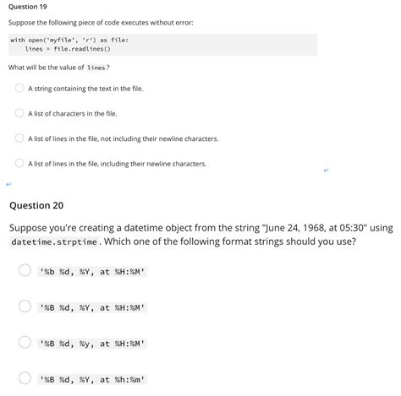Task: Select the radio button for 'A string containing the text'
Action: pos(19,88)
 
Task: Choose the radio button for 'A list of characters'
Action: pos(19,113)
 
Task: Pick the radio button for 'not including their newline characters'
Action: pos(19,138)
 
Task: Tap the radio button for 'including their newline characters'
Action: pos(19,164)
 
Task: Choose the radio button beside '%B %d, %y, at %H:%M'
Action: pos(25,343)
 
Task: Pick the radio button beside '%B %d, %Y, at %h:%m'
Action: pos(25,378)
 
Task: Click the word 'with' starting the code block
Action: pos(17,40)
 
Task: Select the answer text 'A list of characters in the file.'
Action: pos(72,113)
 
